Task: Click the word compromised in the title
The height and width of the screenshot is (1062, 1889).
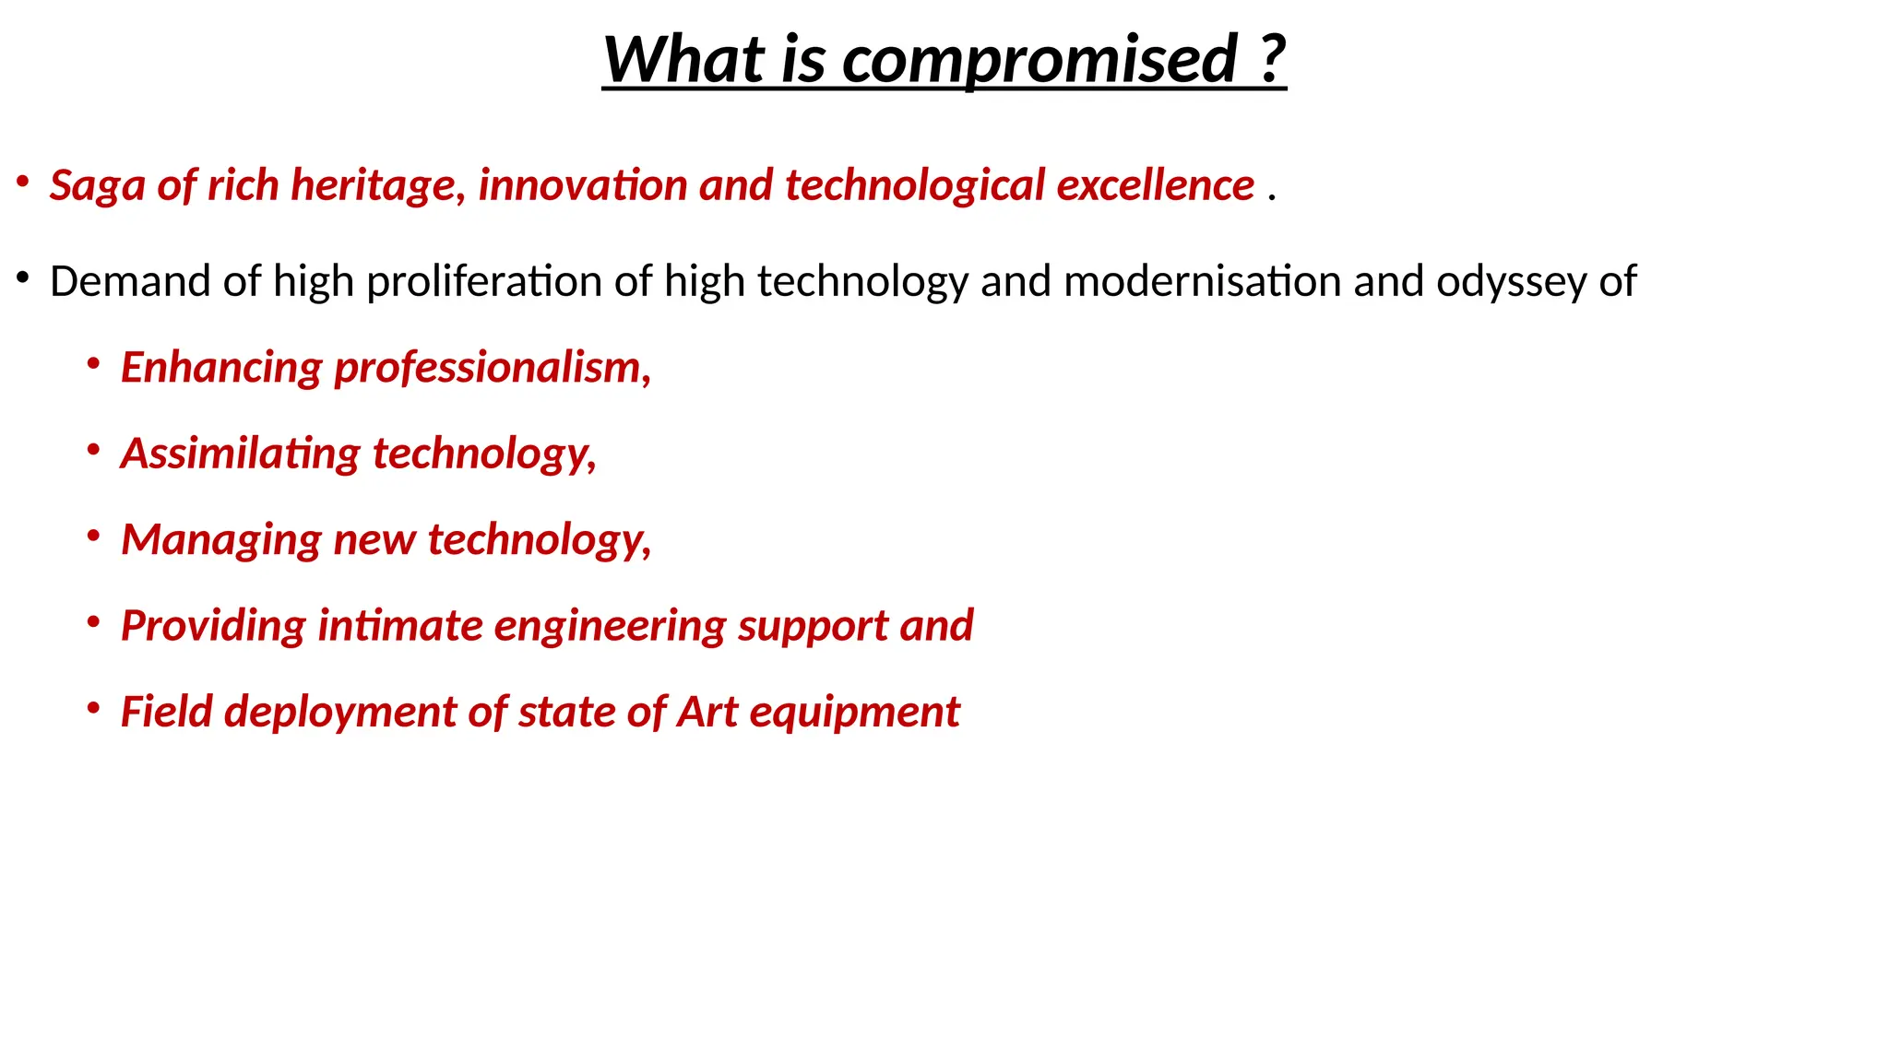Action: click(x=1039, y=60)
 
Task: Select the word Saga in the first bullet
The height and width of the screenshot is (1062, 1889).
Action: click(x=97, y=186)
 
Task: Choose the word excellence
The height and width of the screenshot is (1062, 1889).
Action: click(x=1155, y=185)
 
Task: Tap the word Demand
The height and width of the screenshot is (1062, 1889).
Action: click(x=130, y=281)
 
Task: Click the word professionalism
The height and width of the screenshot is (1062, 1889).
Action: click(x=493, y=368)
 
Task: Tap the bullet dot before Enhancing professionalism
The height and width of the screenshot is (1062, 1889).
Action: click(x=93, y=364)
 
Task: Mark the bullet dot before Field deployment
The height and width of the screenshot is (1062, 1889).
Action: click(x=93, y=708)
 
